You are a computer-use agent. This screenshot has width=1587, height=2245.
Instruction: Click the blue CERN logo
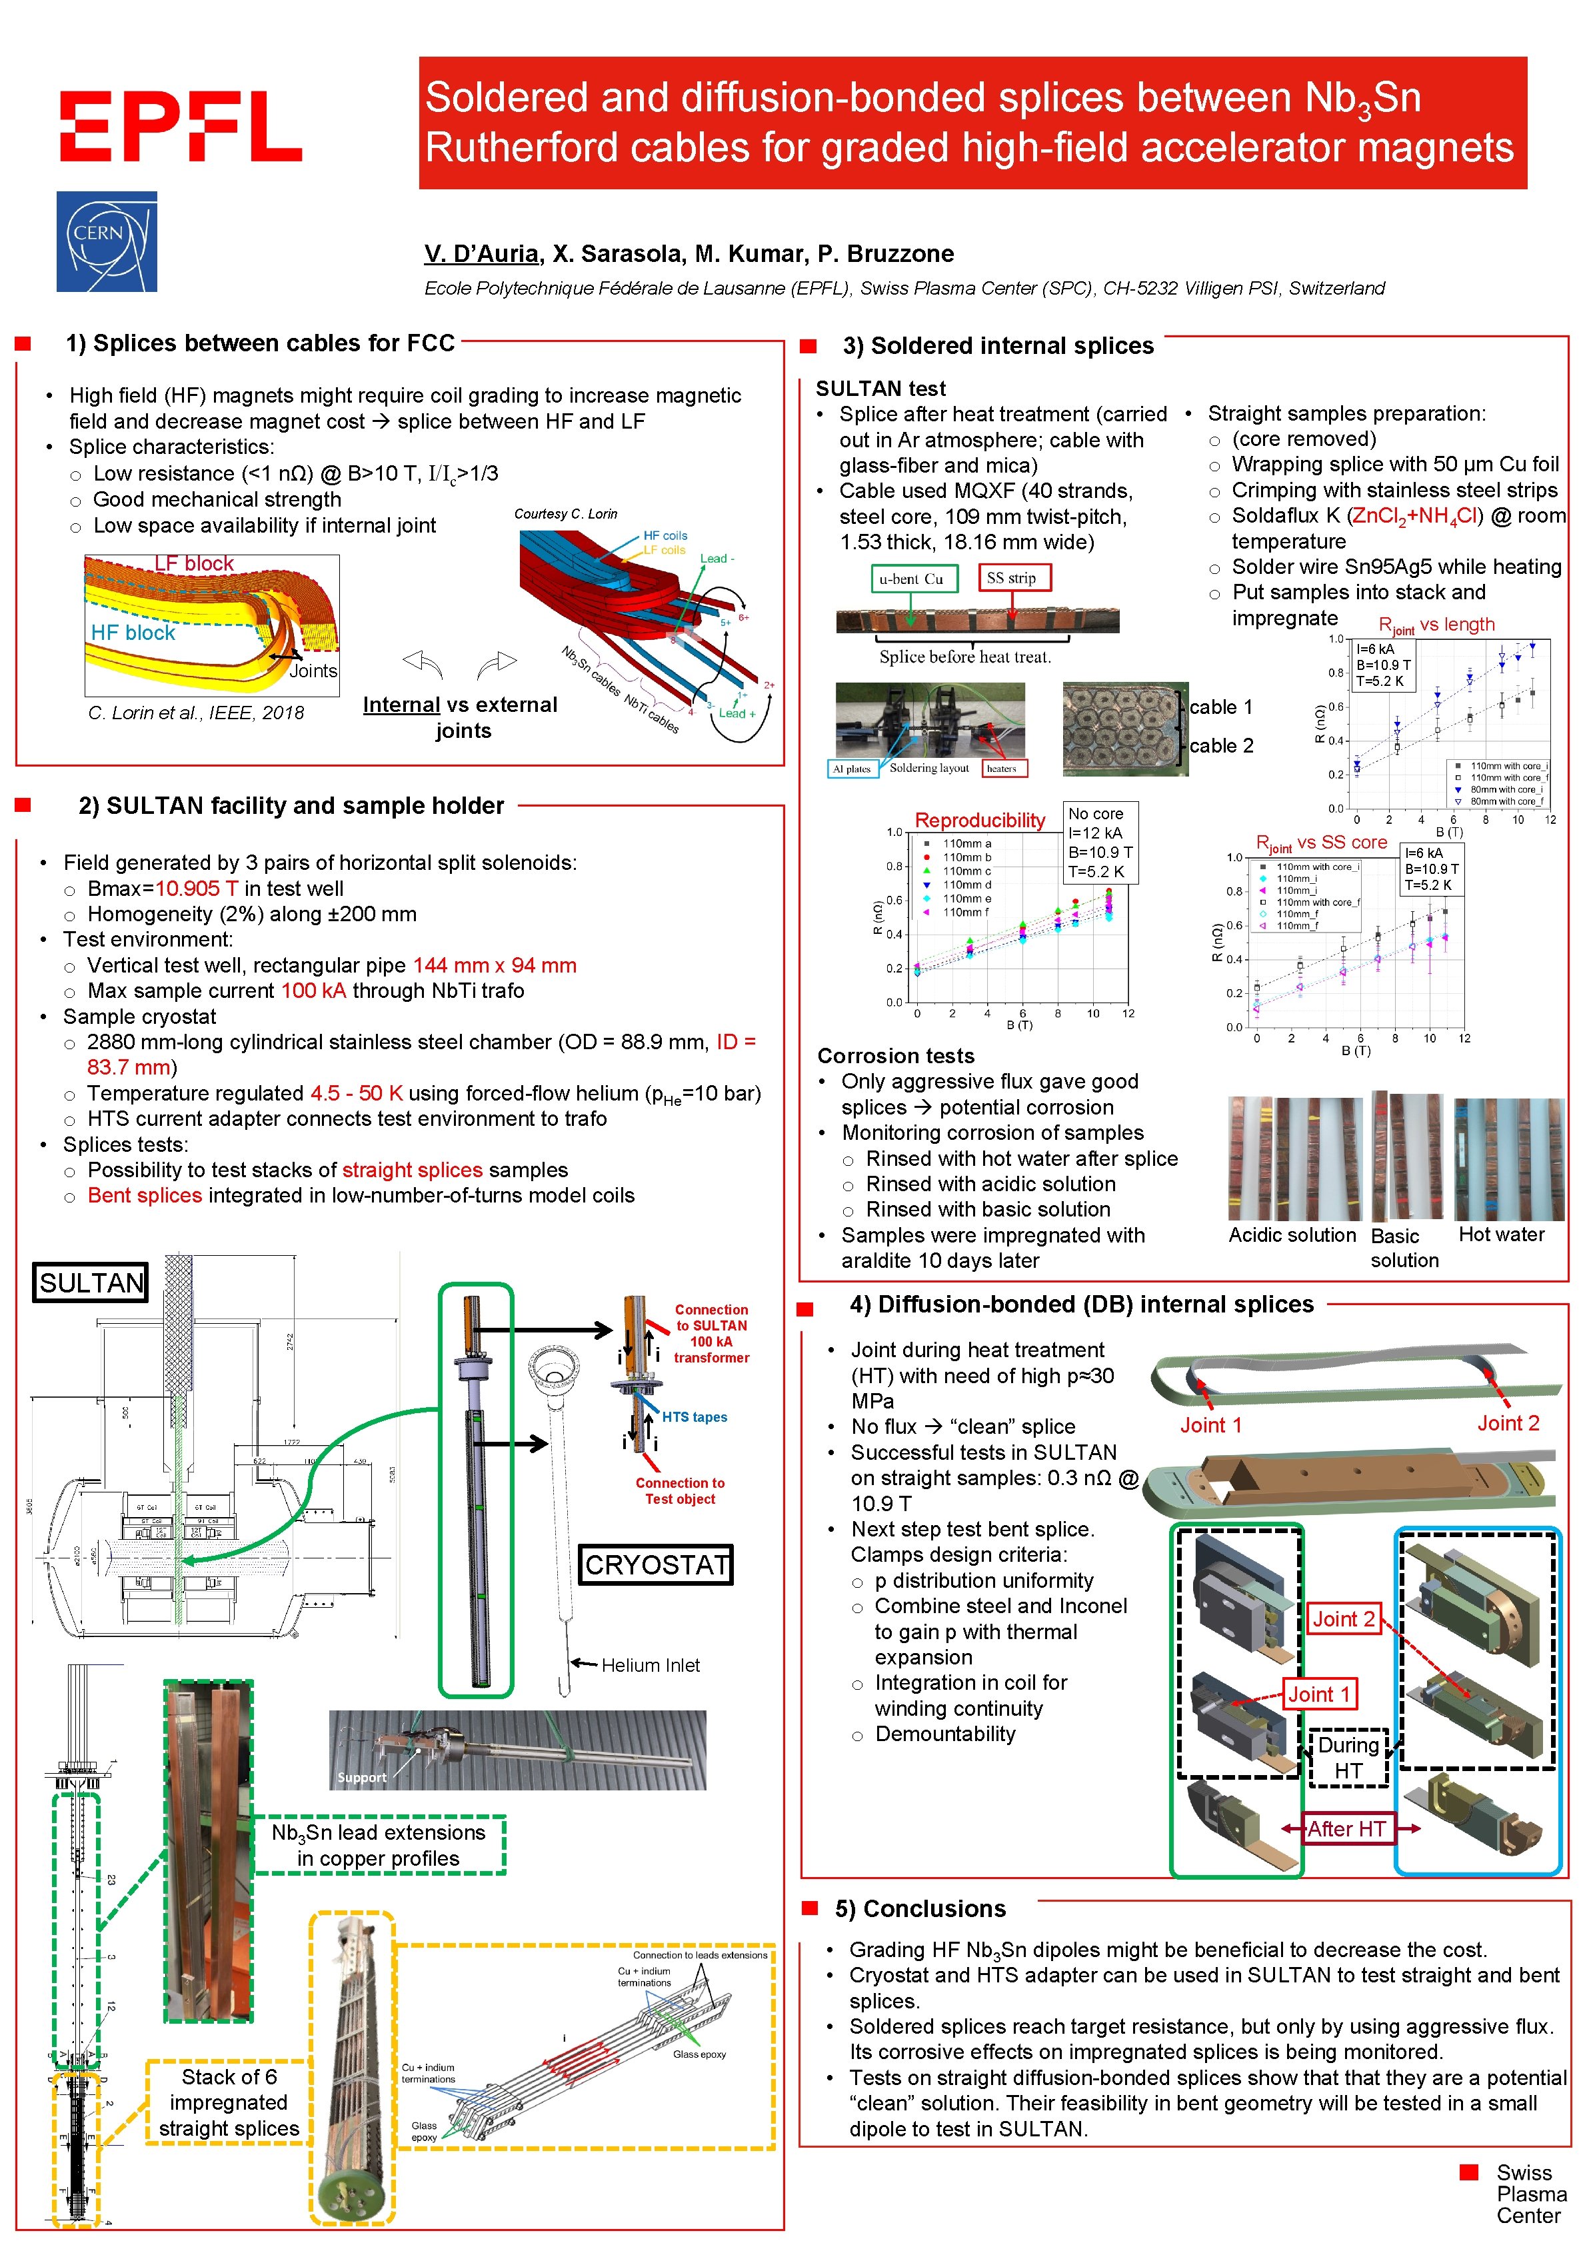[x=107, y=241]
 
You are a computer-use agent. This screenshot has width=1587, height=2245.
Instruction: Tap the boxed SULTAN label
[x=91, y=1282]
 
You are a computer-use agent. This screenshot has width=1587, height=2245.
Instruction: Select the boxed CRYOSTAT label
[x=656, y=1564]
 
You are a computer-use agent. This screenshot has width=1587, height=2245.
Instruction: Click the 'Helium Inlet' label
[x=651, y=1665]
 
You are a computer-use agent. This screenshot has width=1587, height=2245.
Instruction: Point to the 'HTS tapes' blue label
[x=695, y=1417]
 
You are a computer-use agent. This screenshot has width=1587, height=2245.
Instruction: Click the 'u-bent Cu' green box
[x=910, y=579]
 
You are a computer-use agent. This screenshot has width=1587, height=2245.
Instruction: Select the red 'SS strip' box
[x=1014, y=578]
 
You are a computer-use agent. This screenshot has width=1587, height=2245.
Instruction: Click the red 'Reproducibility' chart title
[x=980, y=819]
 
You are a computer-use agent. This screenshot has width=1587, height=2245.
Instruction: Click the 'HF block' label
[x=133, y=633]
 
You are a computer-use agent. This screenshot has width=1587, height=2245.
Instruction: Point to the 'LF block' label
[x=195, y=563]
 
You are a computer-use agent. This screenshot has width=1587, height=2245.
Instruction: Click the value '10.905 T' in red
[x=197, y=888]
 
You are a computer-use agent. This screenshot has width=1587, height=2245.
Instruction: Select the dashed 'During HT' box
[x=1348, y=1757]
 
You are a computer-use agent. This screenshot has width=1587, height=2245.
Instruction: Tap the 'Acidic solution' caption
[x=1292, y=1235]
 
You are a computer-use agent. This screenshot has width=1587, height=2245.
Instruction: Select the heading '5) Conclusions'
[x=920, y=1908]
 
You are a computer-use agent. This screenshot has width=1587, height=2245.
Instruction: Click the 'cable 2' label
[x=1220, y=745]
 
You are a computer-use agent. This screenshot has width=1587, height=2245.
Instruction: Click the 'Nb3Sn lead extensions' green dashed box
[x=379, y=1845]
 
